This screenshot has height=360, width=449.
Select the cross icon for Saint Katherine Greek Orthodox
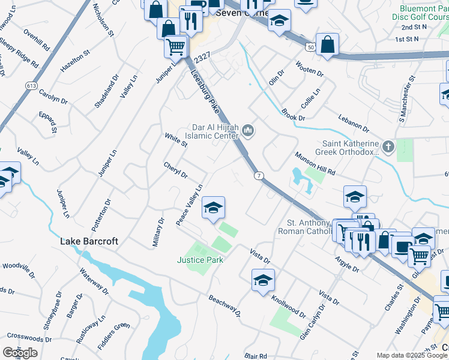pos(388,146)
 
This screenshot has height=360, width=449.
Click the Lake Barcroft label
pos(88,241)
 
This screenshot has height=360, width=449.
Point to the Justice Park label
pos(200,260)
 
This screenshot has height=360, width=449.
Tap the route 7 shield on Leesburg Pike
pos(258,175)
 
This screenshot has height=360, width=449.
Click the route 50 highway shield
pos(310,46)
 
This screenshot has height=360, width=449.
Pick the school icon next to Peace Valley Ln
pos(213,208)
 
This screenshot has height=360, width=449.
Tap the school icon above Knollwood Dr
pos(263,280)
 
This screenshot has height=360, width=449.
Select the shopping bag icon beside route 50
pos(327,44)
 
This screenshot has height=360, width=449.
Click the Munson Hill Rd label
pos(315,164)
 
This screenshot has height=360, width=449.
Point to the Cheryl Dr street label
pos(176,170)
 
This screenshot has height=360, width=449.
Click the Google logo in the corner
pos(20,353)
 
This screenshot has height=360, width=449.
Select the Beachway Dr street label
pos(224,305)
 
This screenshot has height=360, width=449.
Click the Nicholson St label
pos(102,23)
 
